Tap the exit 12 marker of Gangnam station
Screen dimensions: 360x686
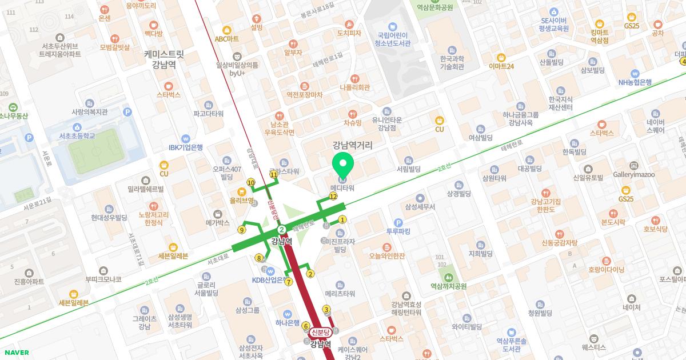click(333, 197)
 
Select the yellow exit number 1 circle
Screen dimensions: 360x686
click(343, 219)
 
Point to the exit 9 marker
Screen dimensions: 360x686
click(242, 230)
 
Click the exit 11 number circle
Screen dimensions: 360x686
click(274, 174)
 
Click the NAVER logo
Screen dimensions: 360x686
click(15, 352)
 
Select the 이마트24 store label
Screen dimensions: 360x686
click(501, 66)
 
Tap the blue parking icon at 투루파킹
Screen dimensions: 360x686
click(398, 223)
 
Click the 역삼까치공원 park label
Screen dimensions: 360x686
click(449, 286)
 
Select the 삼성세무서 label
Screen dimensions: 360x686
click(420, 206)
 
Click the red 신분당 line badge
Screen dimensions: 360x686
click(321, 332)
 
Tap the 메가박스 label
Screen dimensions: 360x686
click(217, 222)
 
